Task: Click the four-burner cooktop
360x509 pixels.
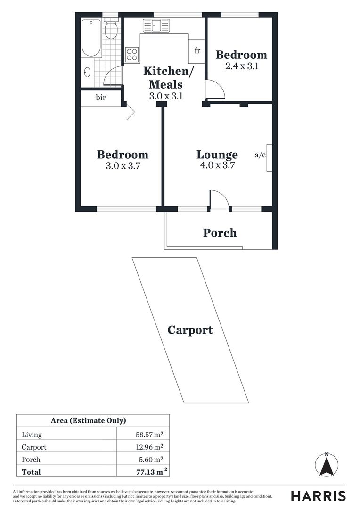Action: point(132,55)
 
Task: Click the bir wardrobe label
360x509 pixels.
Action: point(100,98)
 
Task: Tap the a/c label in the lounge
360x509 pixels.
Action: point(260,155)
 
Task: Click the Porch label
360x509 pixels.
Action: point(220,233)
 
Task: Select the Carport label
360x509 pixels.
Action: point(190,330)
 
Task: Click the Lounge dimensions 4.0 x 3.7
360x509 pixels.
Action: point(217,165)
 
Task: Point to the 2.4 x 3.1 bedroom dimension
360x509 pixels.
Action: point(241,66)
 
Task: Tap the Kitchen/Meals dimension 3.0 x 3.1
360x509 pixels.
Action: point(165,96)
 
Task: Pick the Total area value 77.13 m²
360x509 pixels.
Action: point(148,471)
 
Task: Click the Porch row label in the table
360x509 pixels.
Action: point(31,460)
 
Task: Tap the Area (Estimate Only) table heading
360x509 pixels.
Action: point(88,421)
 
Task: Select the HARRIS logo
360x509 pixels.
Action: point(318,495)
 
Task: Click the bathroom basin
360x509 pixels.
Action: point(87,73)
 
